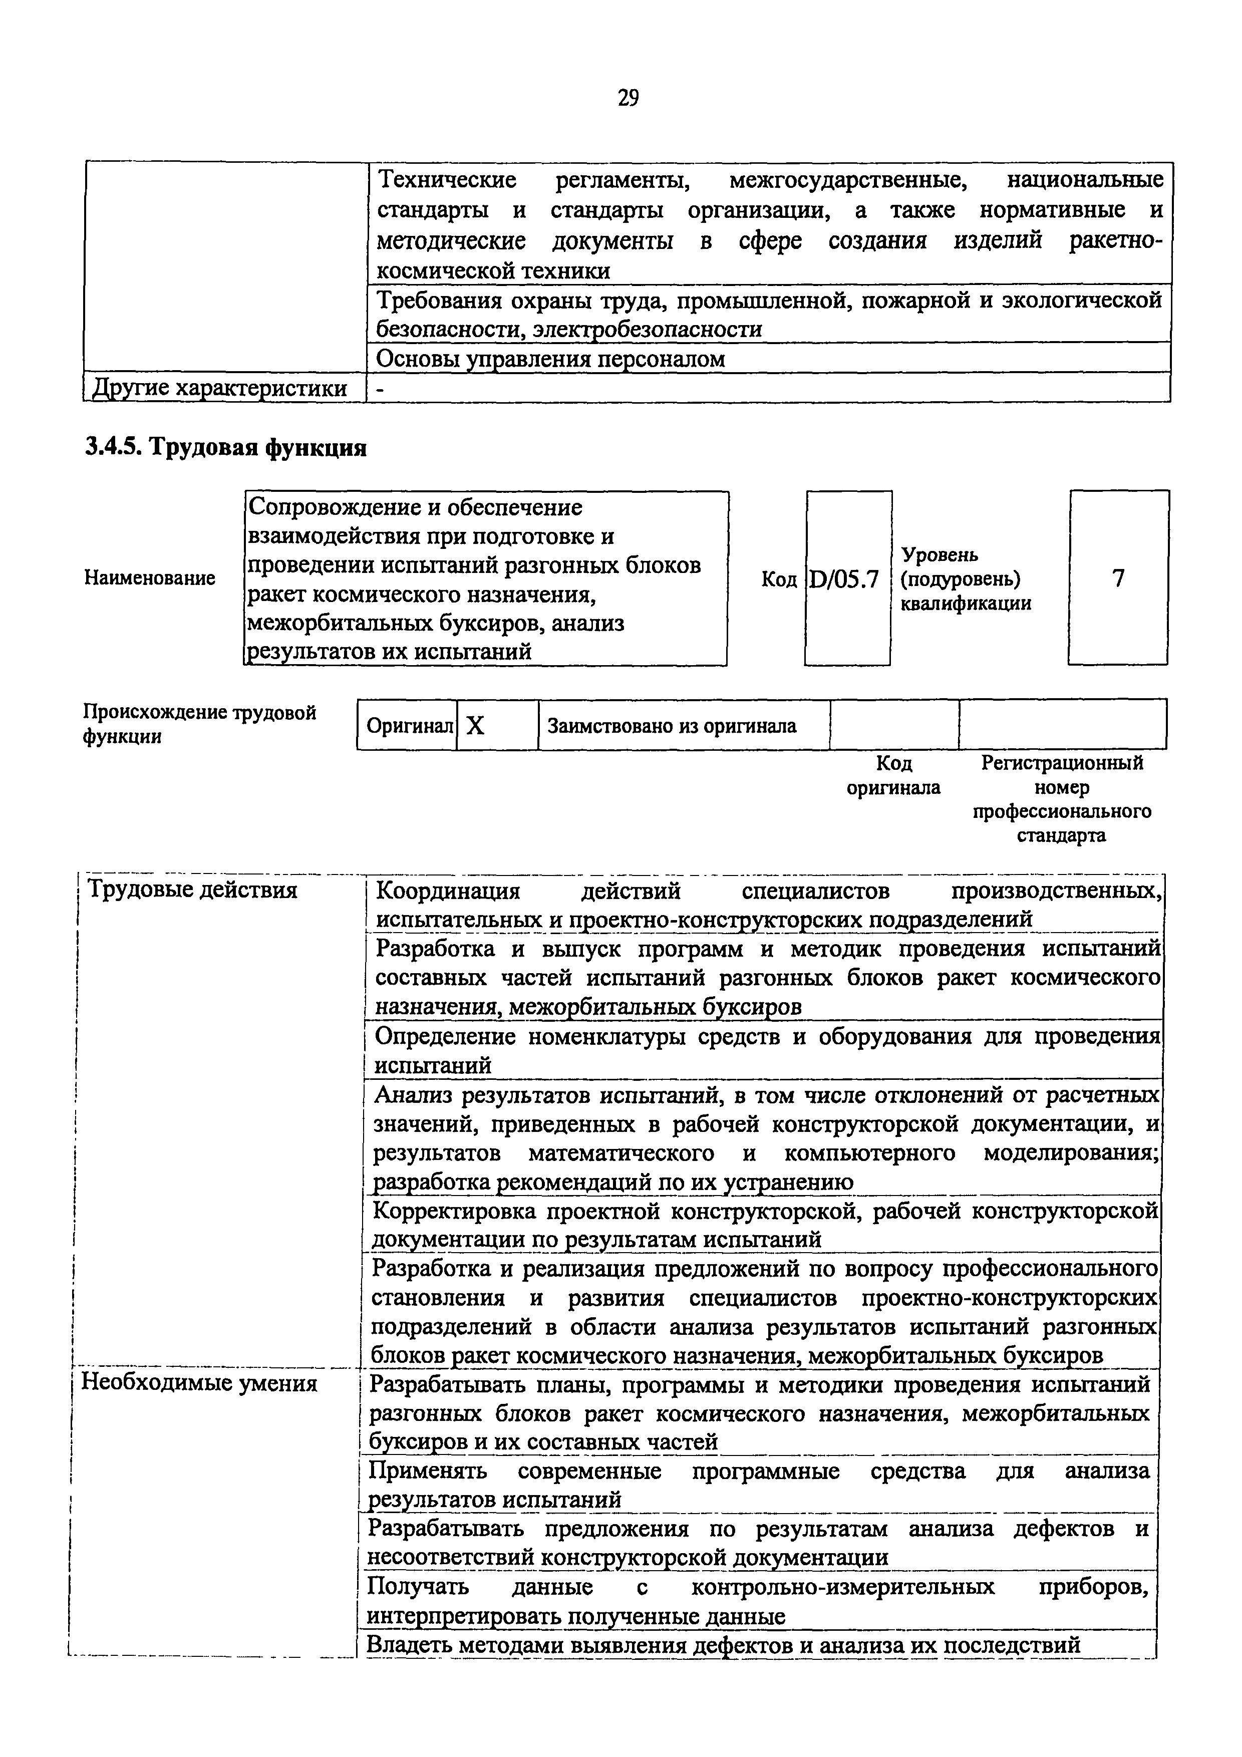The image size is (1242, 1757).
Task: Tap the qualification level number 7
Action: [x=1118, y=578]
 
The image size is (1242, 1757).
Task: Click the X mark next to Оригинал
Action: [x=475, y=725]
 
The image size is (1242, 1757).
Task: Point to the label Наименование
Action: [x=149, y=578]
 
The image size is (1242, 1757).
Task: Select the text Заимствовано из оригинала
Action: [x=672, y=725]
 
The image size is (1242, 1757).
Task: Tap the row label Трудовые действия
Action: [x=193, y=890]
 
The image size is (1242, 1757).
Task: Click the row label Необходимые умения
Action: [x=199, y=1383]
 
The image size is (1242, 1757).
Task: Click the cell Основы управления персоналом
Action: [x=551, y=358]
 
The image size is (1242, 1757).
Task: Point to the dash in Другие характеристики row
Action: [x=380, y=389]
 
